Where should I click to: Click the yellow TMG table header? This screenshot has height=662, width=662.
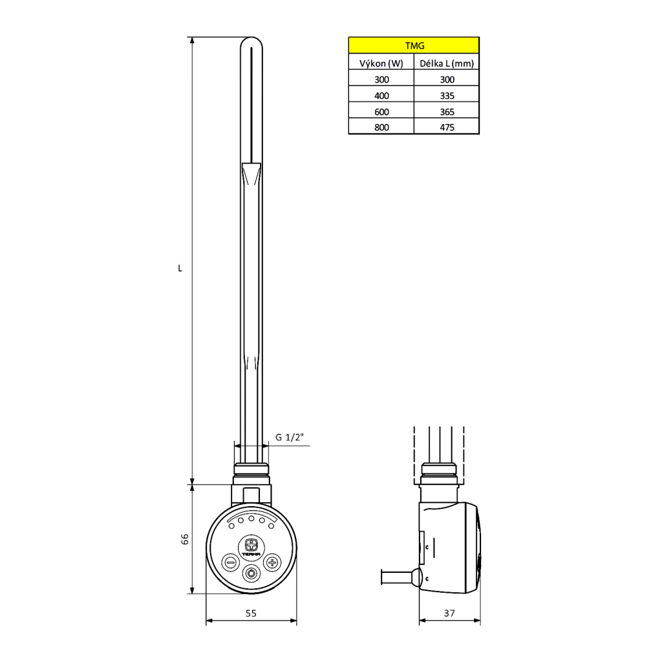[414, 45]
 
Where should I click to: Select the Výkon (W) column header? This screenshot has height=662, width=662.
[381, 63]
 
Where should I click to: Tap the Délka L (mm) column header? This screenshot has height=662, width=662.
[447, 63]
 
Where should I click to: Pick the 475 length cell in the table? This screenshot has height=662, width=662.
[447, 127]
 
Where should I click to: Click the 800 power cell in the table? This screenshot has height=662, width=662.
[381, 127]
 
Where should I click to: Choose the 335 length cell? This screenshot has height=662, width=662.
[447, 95]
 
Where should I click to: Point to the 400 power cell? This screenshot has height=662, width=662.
[381, 95]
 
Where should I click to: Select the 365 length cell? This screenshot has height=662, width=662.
[447, 111]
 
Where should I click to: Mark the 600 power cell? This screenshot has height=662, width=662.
[381, 111]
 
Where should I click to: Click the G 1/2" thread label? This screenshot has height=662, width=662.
[289, 438]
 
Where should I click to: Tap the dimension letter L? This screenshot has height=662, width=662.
[180, 268]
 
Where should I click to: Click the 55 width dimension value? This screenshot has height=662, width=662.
[251, 614]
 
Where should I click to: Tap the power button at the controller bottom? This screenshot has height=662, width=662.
[251, 572]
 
